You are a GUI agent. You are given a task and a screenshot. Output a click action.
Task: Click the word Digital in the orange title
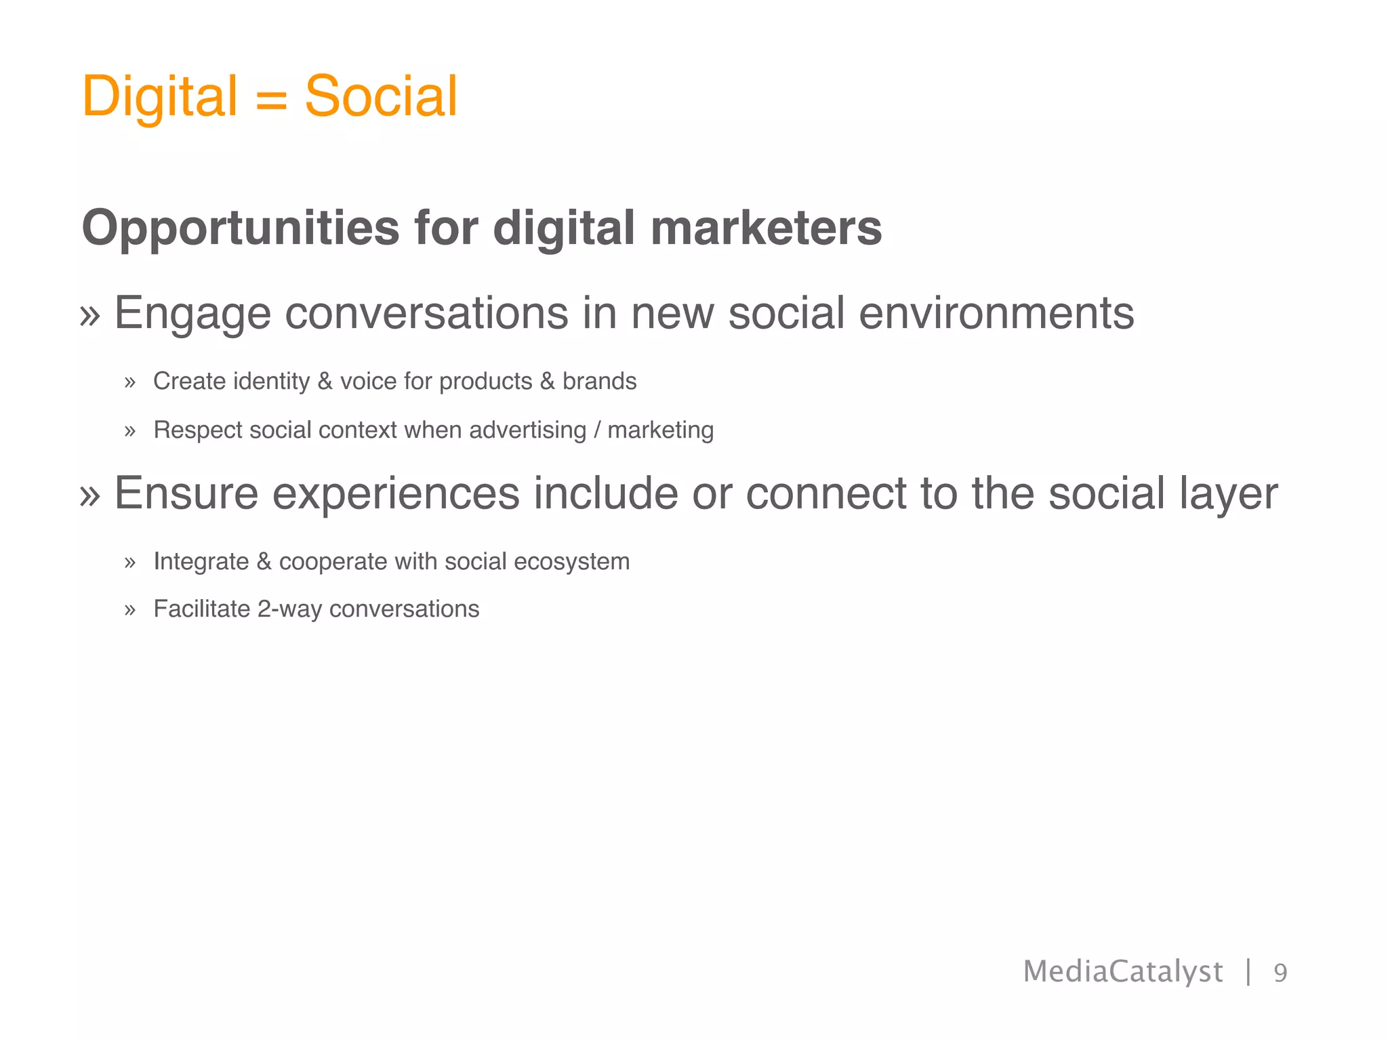tap(159, 96)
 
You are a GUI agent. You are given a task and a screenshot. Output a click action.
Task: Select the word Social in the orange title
tap(381, 96)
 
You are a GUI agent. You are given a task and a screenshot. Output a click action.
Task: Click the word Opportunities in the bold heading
tap(241, 228)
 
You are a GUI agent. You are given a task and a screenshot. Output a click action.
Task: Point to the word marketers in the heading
tap(766, 228)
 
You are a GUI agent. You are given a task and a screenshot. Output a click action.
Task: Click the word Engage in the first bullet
tap(192, 314)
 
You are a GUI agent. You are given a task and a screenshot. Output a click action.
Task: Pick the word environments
tap(996, 314)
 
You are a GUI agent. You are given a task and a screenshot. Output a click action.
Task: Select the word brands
tap(599, 382)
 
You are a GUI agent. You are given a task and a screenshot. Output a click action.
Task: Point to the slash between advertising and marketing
tap(596, 430)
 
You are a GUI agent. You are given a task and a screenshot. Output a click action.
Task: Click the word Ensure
tap(186, 493)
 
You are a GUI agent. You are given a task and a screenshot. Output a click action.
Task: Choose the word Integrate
tap(201, 562)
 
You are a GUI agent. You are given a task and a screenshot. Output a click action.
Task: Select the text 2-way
tap(289, 609)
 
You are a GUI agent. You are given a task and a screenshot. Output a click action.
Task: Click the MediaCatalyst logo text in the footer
tap(1122, 972)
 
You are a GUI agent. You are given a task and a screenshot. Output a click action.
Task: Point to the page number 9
tap(1280, 973)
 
